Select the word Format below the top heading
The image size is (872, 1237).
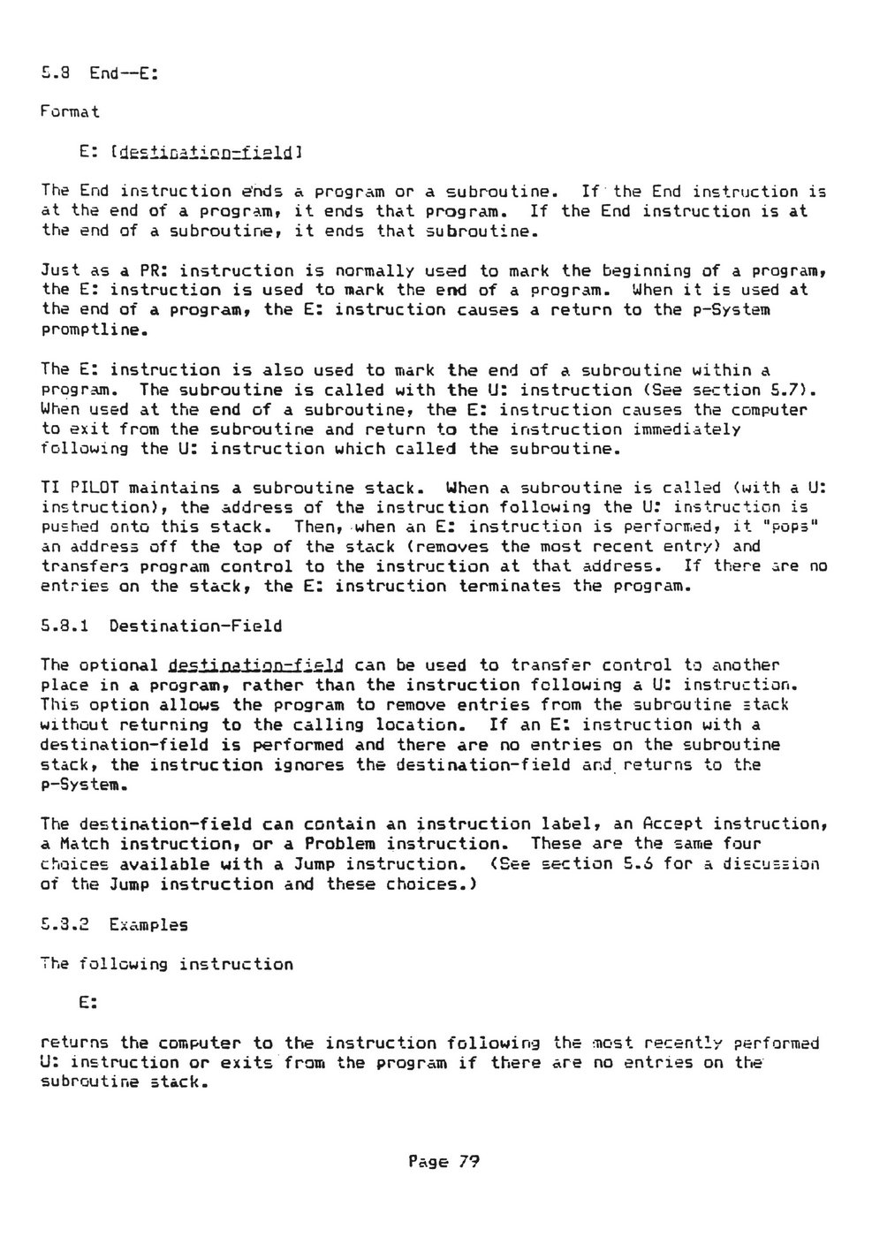(x=71, y=112)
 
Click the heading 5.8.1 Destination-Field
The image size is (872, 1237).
(x=162, y=626)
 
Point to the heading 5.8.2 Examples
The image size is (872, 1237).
(x=114, y=924)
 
